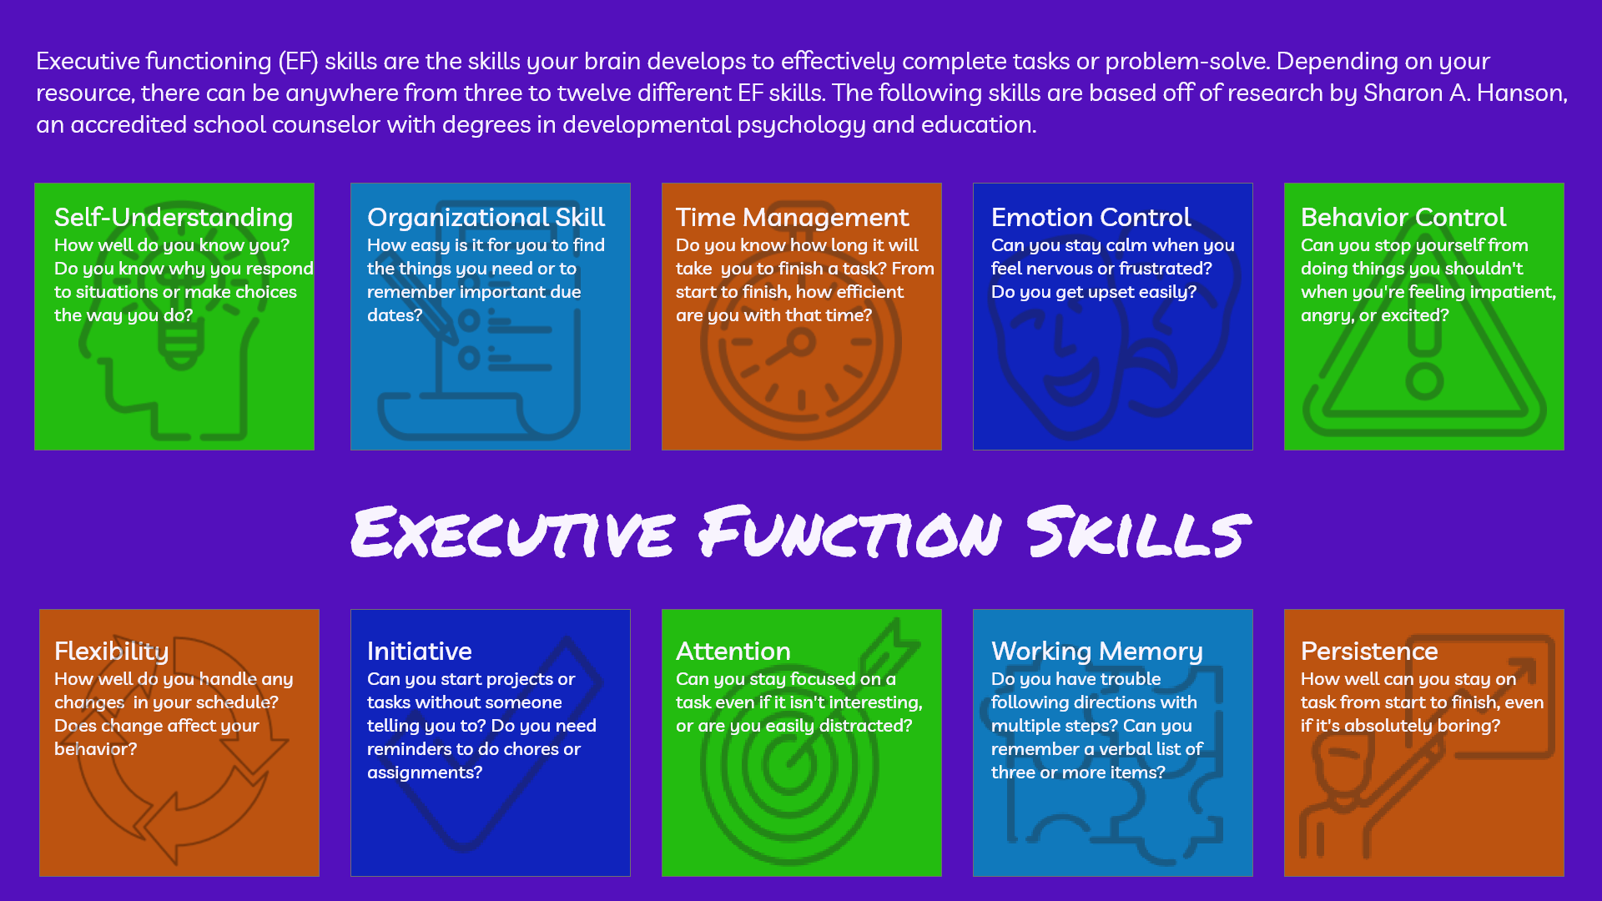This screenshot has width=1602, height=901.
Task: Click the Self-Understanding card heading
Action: tap(174, 218)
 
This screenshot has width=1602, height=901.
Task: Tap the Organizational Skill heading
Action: tap(486, 218)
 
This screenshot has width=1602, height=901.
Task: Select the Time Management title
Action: tap(792, 218)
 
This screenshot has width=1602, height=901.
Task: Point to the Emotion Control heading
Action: tap(1091, 218)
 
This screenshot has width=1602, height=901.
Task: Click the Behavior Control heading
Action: tap(1403, 218)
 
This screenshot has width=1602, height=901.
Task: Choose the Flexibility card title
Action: tap(111, 652)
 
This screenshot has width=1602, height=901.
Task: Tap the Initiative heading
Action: tap(419, 652)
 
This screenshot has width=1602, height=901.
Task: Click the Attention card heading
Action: tap(733, 652)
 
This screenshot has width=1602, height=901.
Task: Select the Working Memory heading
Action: tap(1096, 652)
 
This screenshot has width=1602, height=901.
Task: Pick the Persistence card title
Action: tap(1369, 652)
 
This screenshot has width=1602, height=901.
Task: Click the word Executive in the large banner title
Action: tap(512, 532)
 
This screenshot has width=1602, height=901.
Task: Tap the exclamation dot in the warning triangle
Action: tap(1424, 383)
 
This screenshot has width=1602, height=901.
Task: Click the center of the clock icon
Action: tap(802, 341)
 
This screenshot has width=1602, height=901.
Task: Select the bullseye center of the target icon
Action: tap(788, 763)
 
